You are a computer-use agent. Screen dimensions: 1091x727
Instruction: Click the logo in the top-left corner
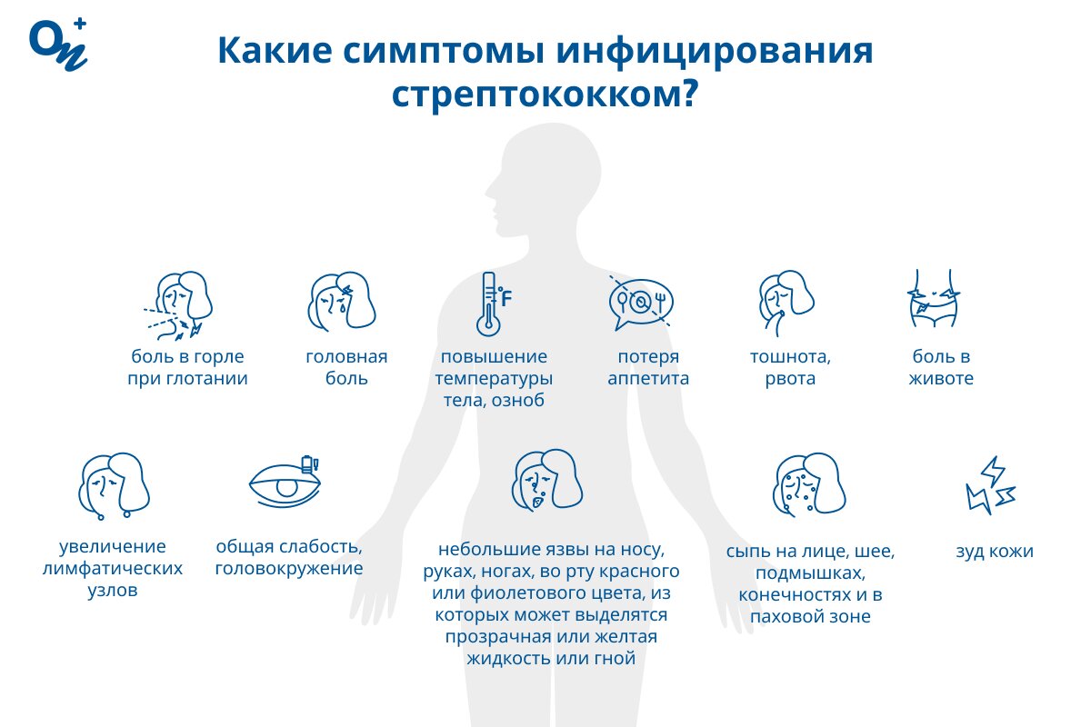click(59, 45)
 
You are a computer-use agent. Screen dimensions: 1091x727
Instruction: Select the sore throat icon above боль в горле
click(178, 306)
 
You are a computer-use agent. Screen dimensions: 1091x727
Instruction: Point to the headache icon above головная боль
click(342, 302)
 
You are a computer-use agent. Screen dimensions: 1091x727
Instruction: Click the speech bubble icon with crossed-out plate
click(640, 303)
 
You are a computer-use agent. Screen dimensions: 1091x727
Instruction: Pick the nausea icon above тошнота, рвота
click(786, 303)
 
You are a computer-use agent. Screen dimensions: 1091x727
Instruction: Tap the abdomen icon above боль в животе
click(933, 298)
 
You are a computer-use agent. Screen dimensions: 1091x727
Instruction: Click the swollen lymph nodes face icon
click(114, 486)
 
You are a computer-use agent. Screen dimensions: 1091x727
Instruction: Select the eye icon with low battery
click(285, 482)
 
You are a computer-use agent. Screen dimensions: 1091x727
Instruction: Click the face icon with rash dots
click(809, 483)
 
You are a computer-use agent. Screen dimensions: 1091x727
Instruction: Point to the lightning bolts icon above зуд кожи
click(991, 485)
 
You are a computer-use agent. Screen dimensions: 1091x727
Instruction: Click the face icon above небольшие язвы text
click(547, 481)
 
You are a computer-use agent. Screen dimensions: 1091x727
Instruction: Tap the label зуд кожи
click(995, 552)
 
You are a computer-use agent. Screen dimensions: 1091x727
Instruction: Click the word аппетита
click(648, 378)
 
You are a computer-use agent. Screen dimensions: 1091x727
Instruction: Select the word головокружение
click(289, 568)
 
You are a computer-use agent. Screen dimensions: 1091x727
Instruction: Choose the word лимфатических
click(113, 568)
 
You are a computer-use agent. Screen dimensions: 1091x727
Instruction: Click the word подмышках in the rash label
click(810, 573)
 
